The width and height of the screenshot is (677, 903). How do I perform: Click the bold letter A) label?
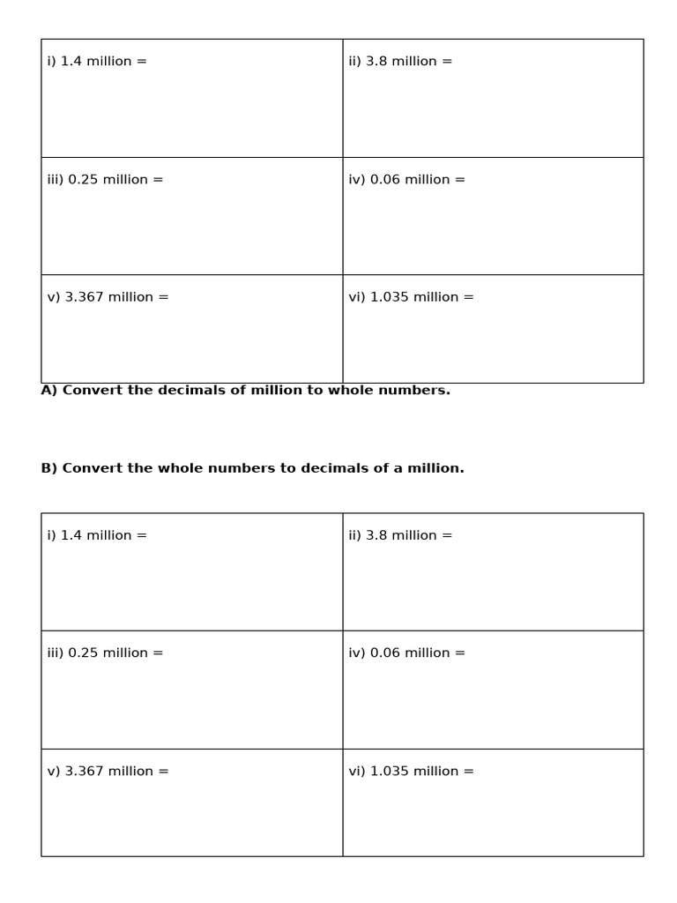coord(49,391)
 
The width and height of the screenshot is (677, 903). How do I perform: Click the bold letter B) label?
coord(49,468)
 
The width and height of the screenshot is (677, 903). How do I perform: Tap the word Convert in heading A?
coord(93,391)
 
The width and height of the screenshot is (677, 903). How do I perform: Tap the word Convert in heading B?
coord(93,468)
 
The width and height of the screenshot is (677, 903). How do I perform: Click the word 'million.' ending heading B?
coord(435,468)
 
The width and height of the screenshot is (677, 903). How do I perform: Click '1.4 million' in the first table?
coord(96,62)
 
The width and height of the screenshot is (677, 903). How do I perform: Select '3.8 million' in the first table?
coord(401,62)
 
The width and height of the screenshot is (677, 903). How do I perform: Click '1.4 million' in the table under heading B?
coord(96,535)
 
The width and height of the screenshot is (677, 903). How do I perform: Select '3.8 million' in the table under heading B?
coord(401,535)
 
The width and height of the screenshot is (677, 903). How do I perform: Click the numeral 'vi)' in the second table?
coord(357,772)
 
